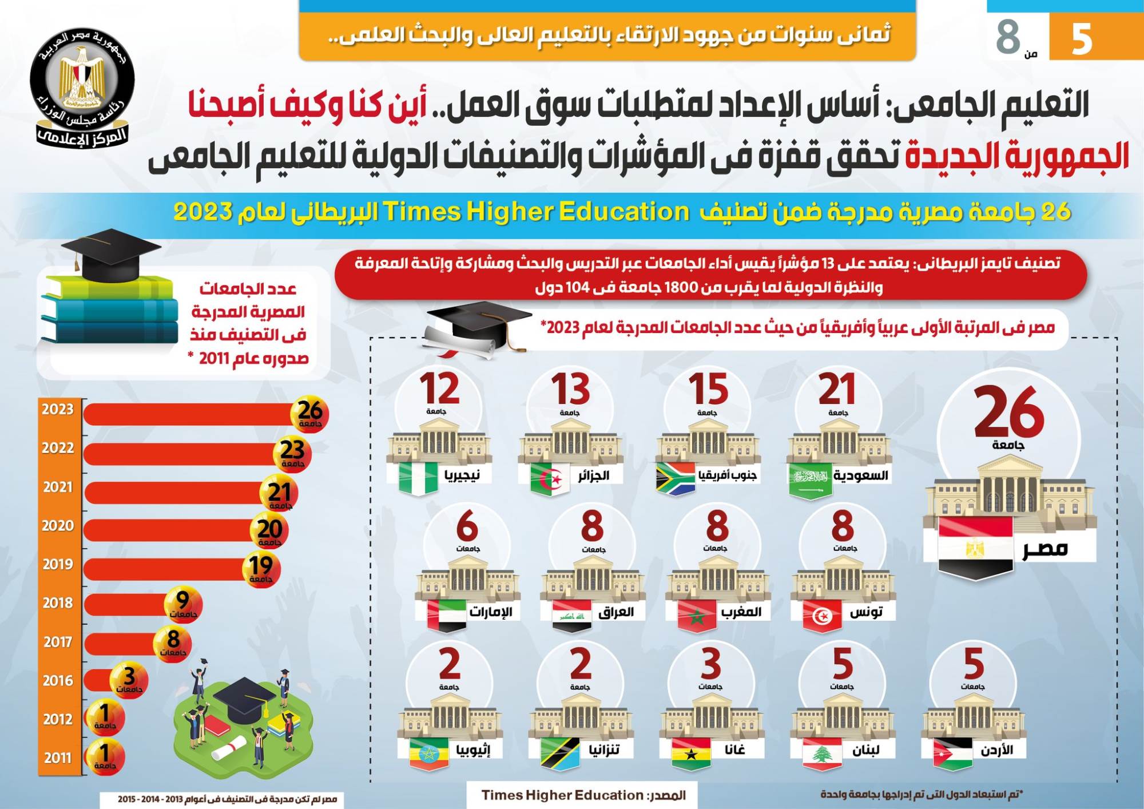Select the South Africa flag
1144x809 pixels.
tap(675, 479)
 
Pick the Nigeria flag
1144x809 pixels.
tap(418, 479)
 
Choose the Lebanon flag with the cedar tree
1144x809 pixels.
tap(822, 754)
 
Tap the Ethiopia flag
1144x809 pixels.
tap(429, 754)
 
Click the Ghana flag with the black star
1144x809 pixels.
tap(690, 754)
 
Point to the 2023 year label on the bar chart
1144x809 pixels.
tap(58, 410)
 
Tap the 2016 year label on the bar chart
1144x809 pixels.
tap(58, 681)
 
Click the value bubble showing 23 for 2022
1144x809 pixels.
tap(292, 454)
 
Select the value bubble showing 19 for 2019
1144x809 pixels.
tap(261, 568)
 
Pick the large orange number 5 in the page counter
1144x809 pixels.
tap(1082, 39)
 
